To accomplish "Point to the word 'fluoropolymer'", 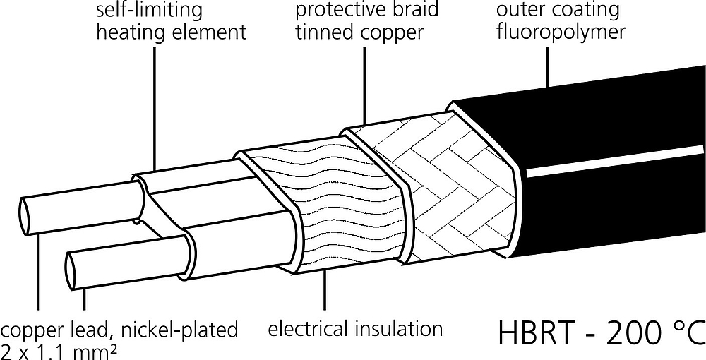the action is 561,32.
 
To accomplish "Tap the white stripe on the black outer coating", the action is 616,162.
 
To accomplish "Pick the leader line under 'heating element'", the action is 155,109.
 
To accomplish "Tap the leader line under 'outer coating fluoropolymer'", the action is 548,67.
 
